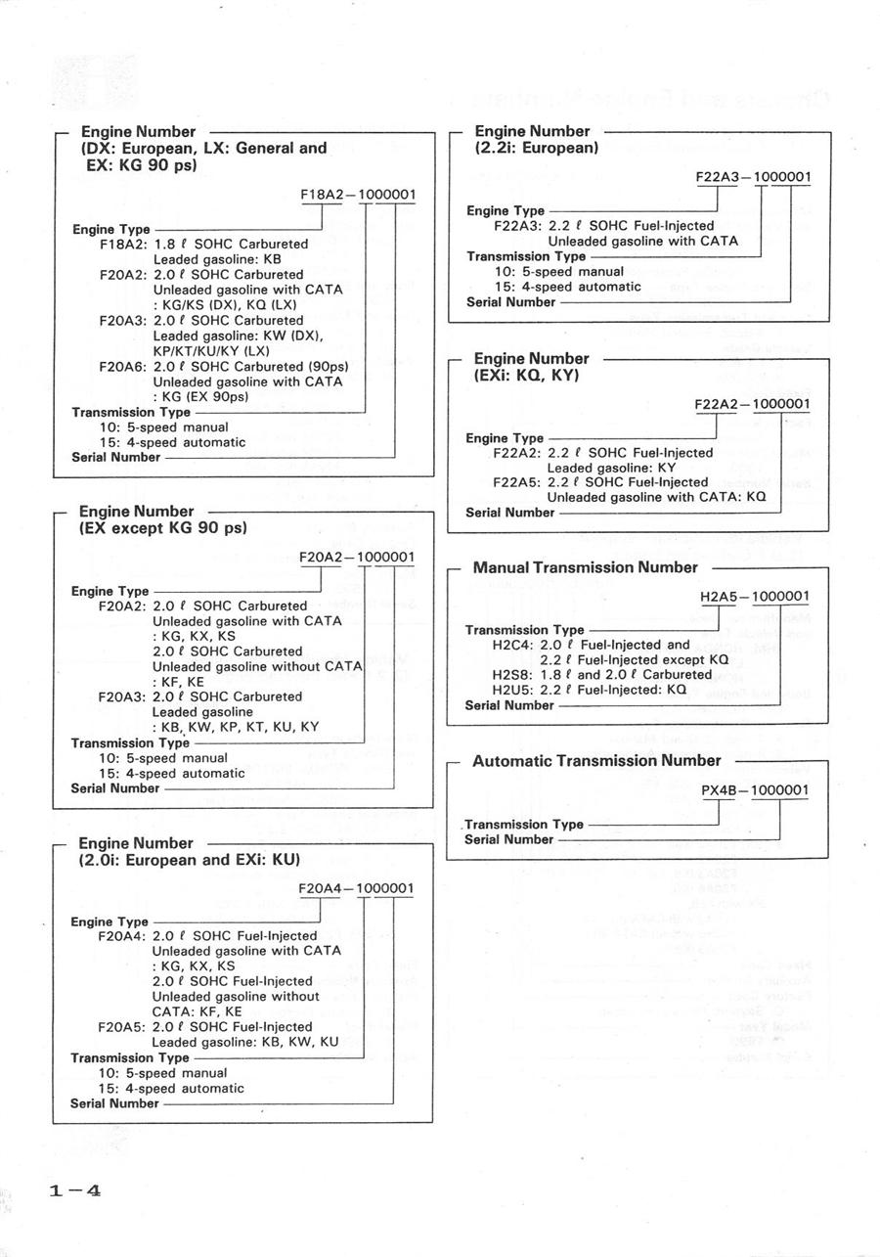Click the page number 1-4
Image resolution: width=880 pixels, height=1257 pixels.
tap(74, 1190)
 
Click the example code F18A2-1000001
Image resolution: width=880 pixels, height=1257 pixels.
tap(358, 195)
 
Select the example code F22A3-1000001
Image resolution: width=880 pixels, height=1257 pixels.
tap(753, 178)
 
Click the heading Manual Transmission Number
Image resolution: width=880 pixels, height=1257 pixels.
tap(586, 567)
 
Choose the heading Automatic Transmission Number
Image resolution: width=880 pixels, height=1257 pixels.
tap(596, 760)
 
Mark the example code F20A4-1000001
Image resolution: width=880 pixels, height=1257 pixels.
tap(357, 888)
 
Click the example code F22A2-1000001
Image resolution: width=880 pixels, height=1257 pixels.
tap(753, 404)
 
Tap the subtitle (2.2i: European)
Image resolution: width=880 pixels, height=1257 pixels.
tap(537, 148)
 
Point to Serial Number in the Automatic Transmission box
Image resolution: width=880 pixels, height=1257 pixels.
tap(508, 839)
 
